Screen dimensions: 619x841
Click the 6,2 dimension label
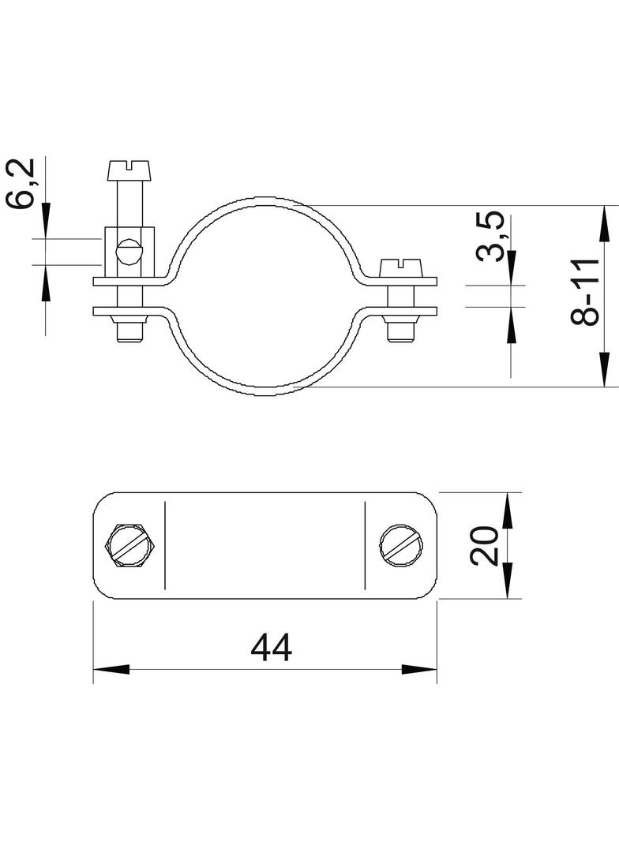tap(21, 184)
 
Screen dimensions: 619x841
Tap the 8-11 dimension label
tap(584, 292)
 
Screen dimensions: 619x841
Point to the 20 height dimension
tap(484, 546)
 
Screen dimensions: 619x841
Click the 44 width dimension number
tap(272, 648)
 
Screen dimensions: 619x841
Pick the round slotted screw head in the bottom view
tap(403, 545)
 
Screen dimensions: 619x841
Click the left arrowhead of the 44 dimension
tap(111, 669)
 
